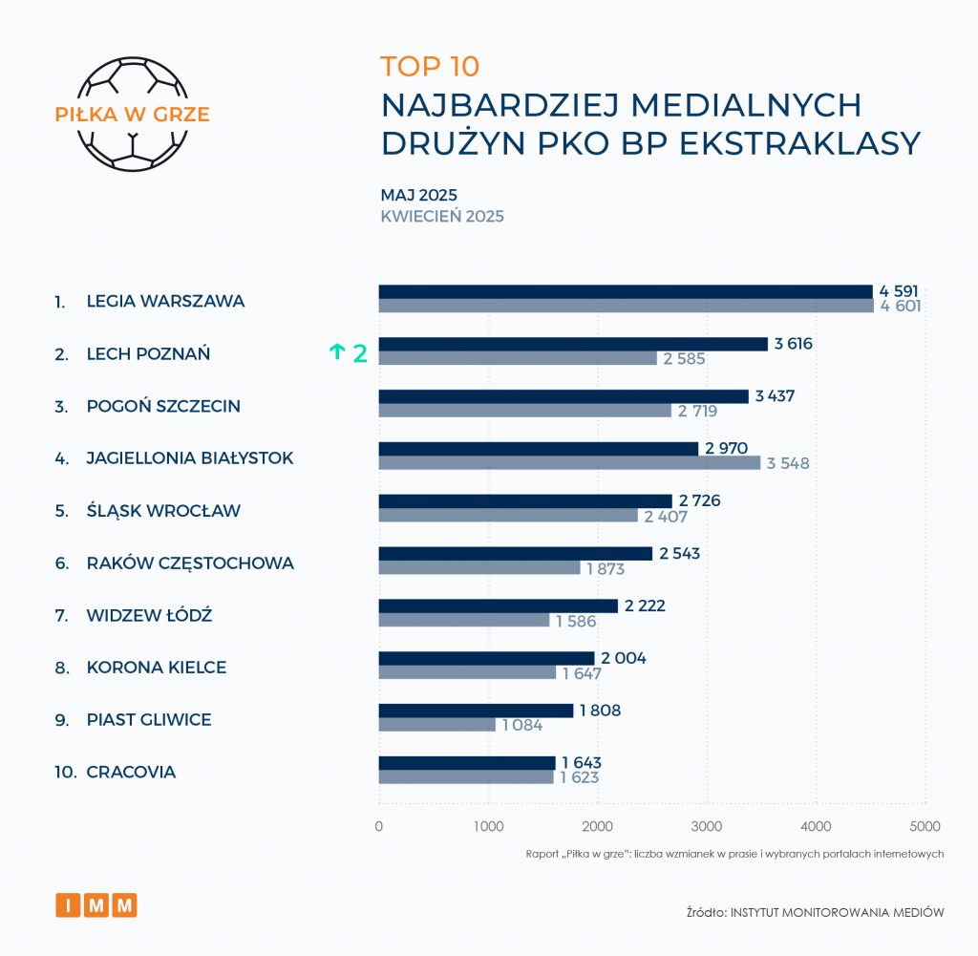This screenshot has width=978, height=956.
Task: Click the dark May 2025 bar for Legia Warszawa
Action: [x=626, y=291]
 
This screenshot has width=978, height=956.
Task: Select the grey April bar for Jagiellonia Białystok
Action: [x=569, y=463]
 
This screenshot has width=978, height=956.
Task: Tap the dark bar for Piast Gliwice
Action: [x=476, y=711]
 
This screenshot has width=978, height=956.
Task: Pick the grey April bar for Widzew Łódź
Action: [x=464, y=621]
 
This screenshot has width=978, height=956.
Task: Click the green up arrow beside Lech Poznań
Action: [x=336, y=352]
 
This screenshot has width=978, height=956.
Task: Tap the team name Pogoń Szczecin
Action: [x=163, y=406]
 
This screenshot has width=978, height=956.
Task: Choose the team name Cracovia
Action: [x=131, y=772]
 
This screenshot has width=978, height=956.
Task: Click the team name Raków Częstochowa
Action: [x=190, y=563]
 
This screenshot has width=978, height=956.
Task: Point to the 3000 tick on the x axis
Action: [x=707, y=826]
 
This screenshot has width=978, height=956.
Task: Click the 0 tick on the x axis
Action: [x=379, y=826]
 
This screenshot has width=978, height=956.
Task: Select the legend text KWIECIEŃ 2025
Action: [x=442, y=216]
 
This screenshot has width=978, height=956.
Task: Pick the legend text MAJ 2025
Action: [x=418, y=195]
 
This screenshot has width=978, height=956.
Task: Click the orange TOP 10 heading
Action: [x=430, y=66]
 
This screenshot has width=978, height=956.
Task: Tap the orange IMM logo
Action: [x=96, y=904]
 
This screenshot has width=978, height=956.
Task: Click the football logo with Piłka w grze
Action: [x=132, y=115]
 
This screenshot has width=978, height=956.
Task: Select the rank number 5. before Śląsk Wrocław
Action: [x=61, y=510]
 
